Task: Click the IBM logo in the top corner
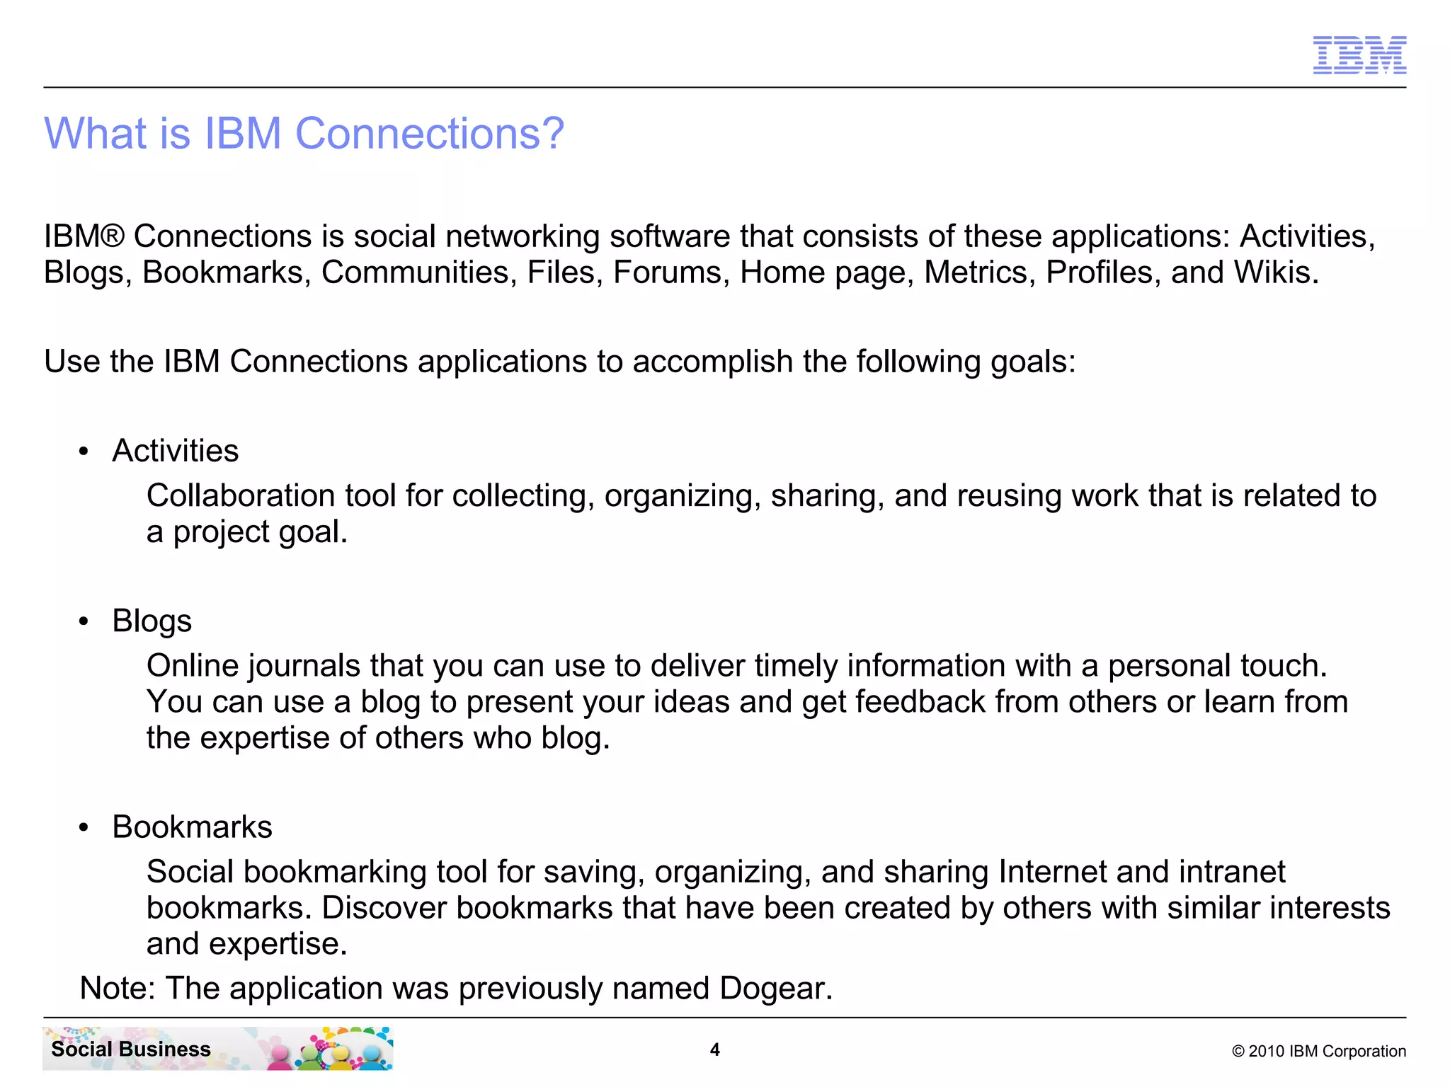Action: [x=1359, y=54]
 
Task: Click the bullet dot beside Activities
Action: [x=84, y=452]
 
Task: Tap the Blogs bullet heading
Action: [x=152, y=621]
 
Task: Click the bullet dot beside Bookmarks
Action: [x=84, y=827]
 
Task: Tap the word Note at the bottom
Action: [x=115, y=989]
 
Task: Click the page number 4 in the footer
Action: [x=715, y=1049]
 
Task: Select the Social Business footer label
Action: [x=131, y=1049]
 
